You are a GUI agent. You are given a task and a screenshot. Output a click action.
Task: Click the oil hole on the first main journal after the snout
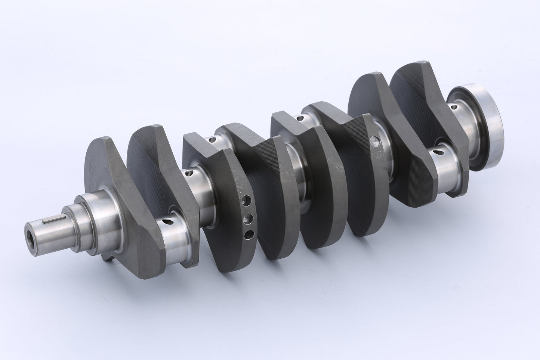[x=189, y=173]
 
